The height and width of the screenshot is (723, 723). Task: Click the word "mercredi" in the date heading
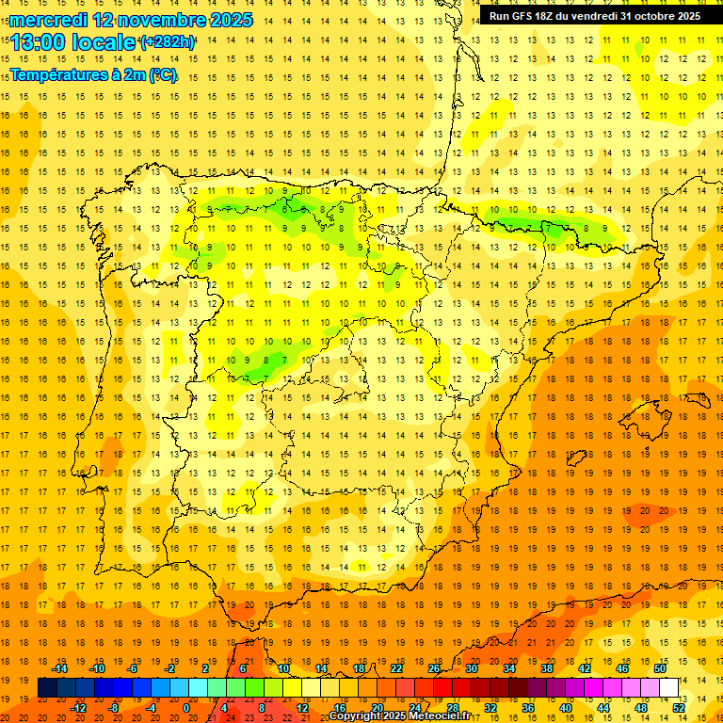click(49, 19)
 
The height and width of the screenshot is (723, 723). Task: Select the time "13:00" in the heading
click(39, 41)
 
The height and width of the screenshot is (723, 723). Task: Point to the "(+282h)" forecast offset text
click(168, 41)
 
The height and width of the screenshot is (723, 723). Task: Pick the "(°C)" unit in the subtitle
click(162, 73)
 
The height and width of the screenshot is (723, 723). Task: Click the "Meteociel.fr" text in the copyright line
click(437, 716)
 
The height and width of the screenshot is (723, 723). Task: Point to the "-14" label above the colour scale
click(59, 668)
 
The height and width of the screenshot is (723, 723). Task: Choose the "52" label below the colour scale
click(679, 708)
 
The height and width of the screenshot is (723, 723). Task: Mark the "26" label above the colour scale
click(434, 668)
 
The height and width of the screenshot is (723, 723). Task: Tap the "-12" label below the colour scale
click(79, 708)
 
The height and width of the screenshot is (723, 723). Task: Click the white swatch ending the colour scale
click(669, 688)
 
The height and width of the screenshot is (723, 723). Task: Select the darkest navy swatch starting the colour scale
click(47, 688)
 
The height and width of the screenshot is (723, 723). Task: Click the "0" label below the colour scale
click(187, 708)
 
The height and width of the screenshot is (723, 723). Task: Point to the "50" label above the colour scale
click(660, 668)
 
